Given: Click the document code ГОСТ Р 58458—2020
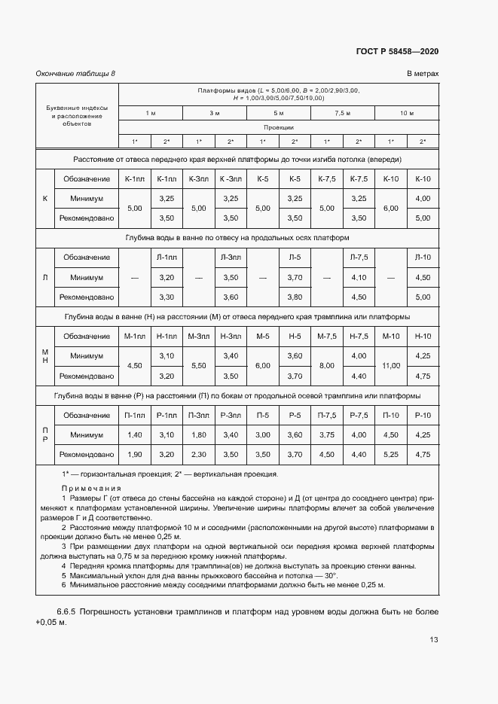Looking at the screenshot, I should (397, 52).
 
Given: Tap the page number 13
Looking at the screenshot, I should (433, 640).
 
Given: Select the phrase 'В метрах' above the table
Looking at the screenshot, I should (423, 74).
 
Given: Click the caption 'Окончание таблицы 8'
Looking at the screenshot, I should (75, 74).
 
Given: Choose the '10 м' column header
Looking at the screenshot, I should (407, 113).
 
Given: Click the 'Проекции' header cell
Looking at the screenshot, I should (278, 127).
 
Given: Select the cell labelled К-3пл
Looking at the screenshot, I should (199, 178).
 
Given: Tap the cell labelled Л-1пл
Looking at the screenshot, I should (167, 258).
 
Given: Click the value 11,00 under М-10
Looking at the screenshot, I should (390, 365).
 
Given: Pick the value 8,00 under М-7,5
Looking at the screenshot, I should (327, 365).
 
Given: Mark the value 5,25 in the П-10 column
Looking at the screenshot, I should (390, 455).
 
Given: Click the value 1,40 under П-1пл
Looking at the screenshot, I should (135, 435).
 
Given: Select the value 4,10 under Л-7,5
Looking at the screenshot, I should (359, 277).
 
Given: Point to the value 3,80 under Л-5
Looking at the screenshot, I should (295, 297).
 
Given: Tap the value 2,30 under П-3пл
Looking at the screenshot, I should (199, 455).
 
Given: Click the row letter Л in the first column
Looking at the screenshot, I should (44, 277).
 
